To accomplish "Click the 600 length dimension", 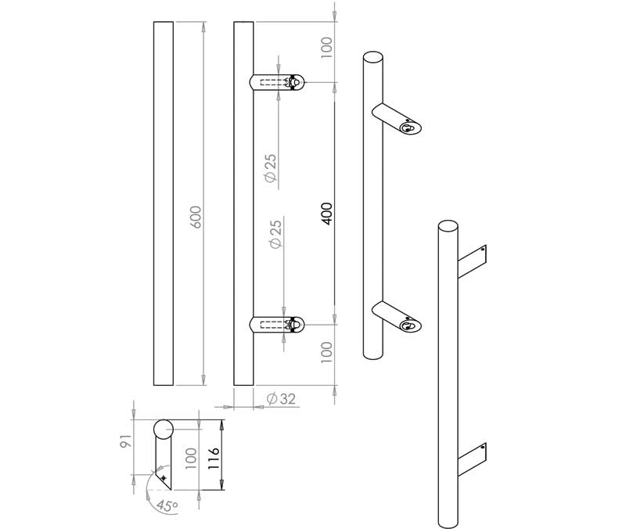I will [x=196, y=217].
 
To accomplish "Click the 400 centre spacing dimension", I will [x=327, y=213].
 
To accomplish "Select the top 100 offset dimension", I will [x=327, y=46].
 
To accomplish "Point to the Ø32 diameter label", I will [x=281, y=399].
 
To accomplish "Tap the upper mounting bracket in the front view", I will [x=276, y=83].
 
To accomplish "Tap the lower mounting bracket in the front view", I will [x=276, y=324].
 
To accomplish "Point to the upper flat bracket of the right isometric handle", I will [x=472, y=259].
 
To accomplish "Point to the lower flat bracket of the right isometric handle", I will [x=472, y=458].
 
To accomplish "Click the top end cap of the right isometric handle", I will [x=448, y=227].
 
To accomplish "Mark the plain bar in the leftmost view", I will [x=164, y=203].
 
